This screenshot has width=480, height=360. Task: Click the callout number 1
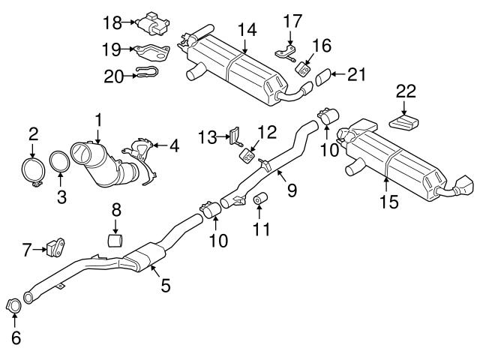pos(97,118)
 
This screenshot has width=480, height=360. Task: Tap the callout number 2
pos(33,134)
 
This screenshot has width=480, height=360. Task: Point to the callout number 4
pos(174,146)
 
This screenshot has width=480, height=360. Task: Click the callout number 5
pos(165,285)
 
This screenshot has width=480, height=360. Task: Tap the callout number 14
pos(247,29)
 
